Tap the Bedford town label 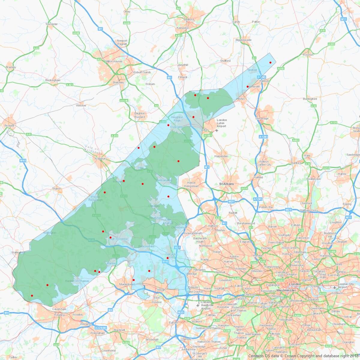(x=189, y=19)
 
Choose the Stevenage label (x=262, y=118)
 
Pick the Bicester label (x=10, y=125)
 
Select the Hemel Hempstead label (x=191, y=184)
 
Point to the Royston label (x=308, y=55)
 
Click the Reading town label (x=59, y=315)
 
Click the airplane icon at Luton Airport (x=217, y=130)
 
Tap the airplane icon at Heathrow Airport (x=198, y=305)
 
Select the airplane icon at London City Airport (x=335, y=287)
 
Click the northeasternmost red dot (x=270, y=62)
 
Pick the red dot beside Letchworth (x=247, y=86)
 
